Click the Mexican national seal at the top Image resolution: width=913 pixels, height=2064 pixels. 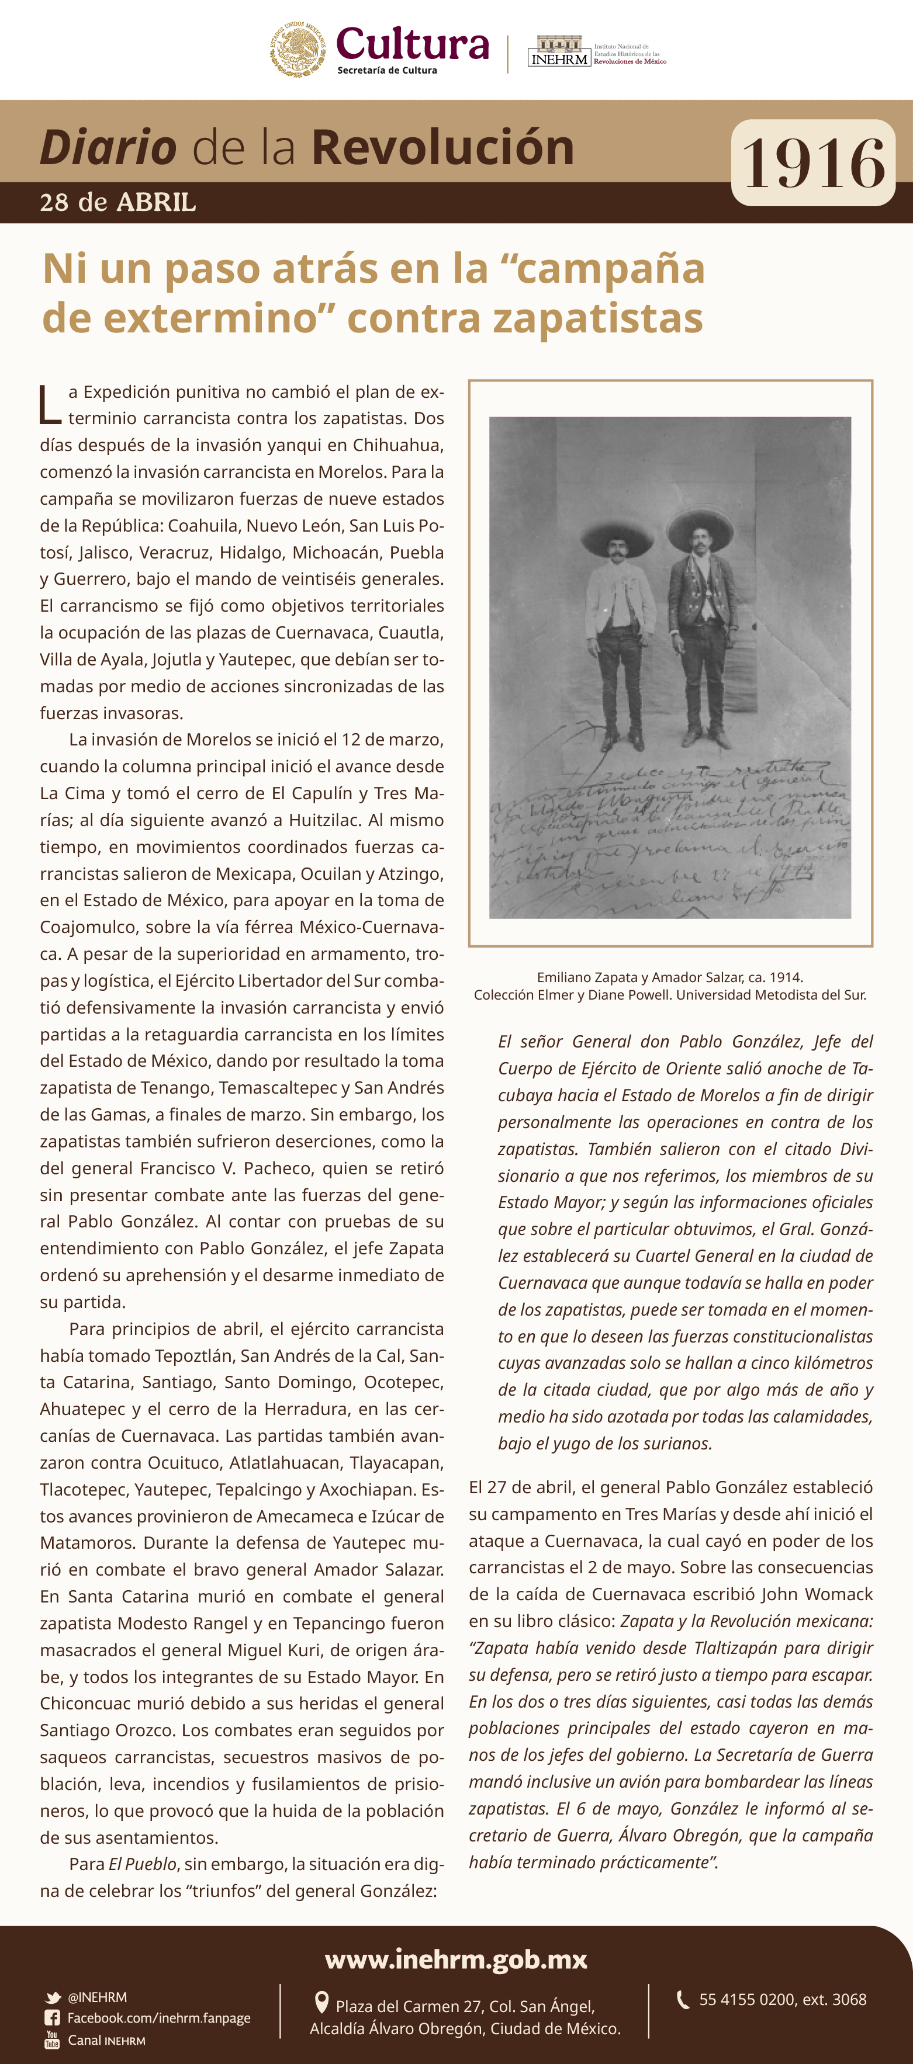(x=298, y=49)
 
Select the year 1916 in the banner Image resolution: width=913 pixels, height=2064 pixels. (x=813, y=164)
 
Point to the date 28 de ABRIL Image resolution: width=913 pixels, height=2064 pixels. (x=118, y=202)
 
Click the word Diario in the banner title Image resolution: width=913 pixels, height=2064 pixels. (x=108, y=147)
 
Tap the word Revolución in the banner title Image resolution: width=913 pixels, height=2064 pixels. (x=442, y=147)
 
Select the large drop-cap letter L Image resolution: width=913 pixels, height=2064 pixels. (x=50, y=405)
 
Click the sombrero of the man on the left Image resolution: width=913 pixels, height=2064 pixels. (x=617, y=531)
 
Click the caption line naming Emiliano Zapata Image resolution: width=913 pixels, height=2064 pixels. (x=669, y=977)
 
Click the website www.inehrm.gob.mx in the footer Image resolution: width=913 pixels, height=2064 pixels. (x=456, y=1959)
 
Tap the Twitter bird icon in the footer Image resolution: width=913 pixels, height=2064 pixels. (x=53, y=1997)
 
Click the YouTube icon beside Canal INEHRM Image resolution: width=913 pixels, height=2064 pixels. (x=52, y=2040)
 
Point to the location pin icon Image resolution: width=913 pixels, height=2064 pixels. (x=321, y=2002)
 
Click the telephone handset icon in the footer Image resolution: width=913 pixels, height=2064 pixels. (x=683, y=2000)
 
